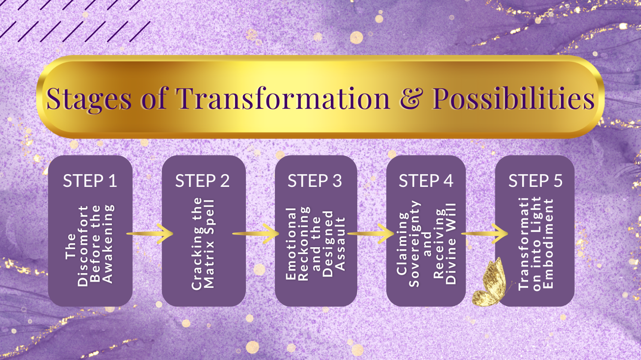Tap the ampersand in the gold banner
[x=411, y=99]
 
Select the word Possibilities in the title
[x=513, y=98]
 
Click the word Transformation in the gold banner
[x=283, y=98]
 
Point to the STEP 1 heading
[x=90, y=180]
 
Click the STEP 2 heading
[x=203, y=180]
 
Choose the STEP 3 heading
[x=315, y=180]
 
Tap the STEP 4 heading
[x=426, y=180]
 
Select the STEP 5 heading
[x=535, y=180]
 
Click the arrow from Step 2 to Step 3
[x=256, y=233]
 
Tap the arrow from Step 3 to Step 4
[x=371, y=233]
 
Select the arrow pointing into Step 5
[x=484, y=233]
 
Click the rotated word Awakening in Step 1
[x=108, y=244]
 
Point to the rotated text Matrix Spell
[x=209, y=244]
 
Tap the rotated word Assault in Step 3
[x=340, y=244]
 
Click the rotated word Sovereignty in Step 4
[x=414, y=244]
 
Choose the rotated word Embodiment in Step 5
[x=548, y=244]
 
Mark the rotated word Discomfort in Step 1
[x=82, y=246]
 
